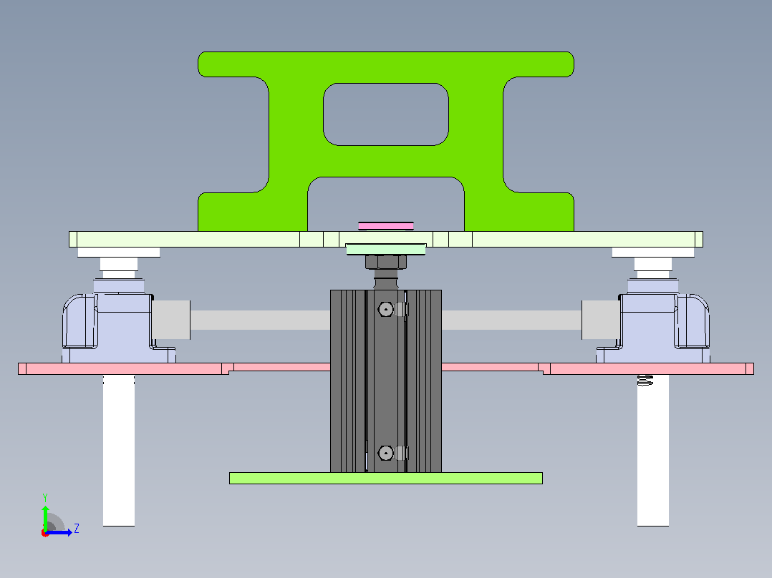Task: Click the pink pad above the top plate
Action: [385, 226]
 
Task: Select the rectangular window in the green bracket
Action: [385, 114]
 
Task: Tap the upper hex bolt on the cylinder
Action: [385, 310]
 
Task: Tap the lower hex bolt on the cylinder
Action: [385, 453]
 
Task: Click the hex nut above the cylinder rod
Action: [385, 262]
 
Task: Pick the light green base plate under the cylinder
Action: [385, 478]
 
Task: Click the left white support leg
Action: [119, 450]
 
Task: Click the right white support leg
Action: [653, 450]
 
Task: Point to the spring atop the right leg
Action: [645, 380]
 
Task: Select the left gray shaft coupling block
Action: [171, 320]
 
